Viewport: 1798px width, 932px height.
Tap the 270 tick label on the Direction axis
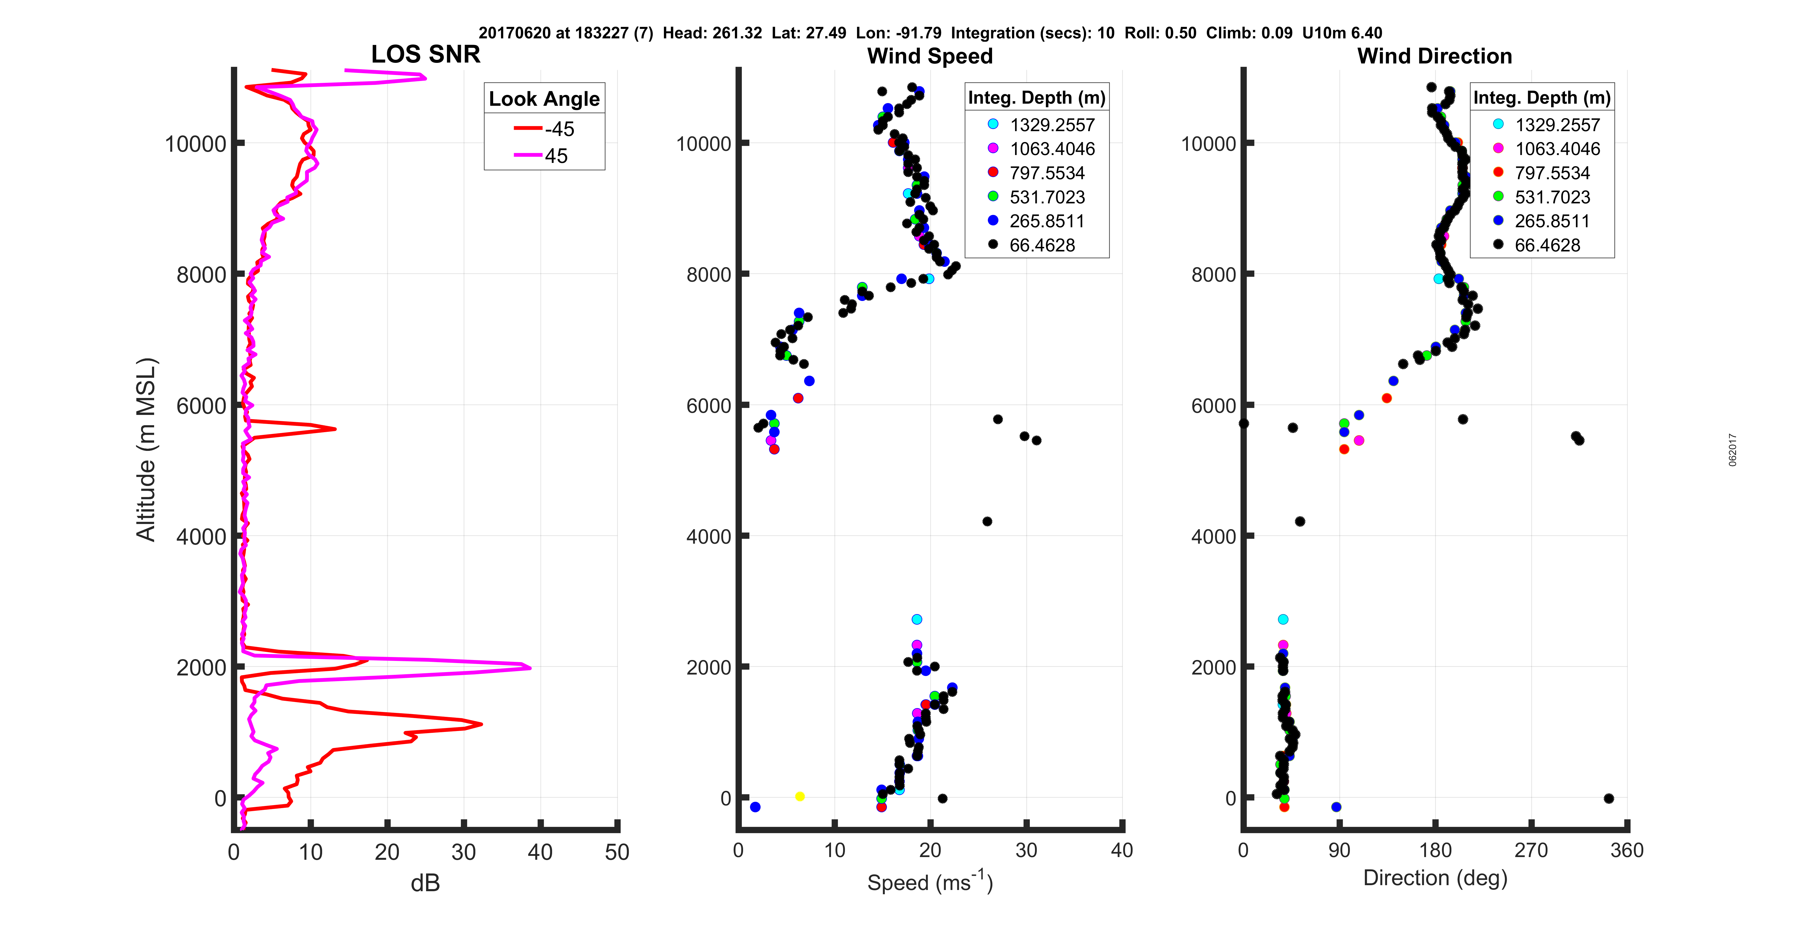coord(1531,850)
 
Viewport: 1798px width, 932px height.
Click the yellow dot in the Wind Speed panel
coord(800,797)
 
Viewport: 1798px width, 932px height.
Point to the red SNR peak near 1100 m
coord(481,724)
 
